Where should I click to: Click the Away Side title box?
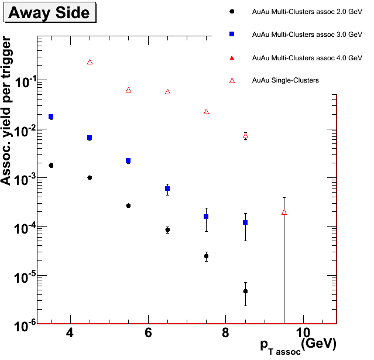[x=49, y=13]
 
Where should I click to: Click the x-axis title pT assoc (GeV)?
[x=298, y=344]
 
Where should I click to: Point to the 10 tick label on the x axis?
[x=303, y=333]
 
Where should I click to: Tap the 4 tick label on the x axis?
[x=70, y=333]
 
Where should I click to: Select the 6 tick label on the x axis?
[x=148, y=333]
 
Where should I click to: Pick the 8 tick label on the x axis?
[x=226, y=333]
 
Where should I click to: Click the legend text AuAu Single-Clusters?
[x=285, y=80]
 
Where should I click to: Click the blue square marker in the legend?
[x=232, y=35]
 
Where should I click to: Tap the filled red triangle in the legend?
[x=232, y=57]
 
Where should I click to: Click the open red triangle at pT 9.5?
[x=284, y=212]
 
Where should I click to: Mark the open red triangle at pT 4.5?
[x=90, y=61]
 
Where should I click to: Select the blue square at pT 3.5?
[x=51, y=116]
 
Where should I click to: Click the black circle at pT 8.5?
[x=245, y=291]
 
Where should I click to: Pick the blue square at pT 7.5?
[x=206, y=217]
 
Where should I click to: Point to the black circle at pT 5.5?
[x=128, y=205]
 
